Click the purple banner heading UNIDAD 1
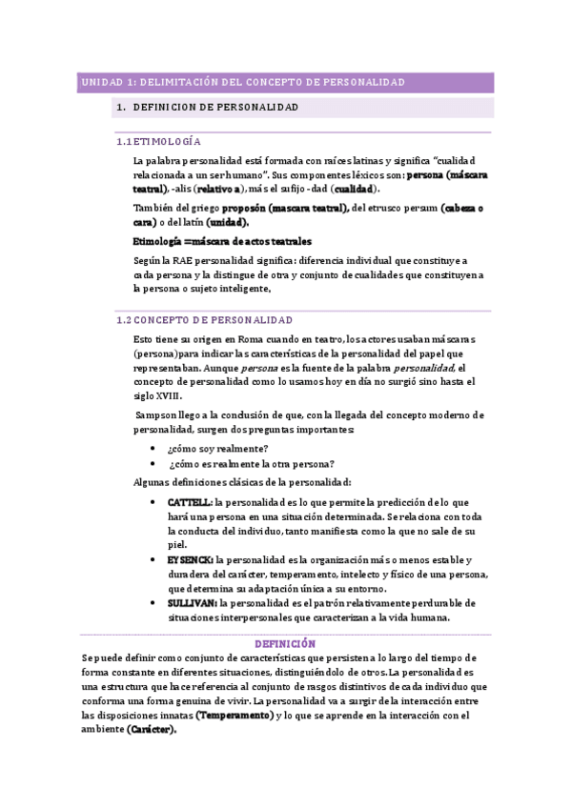(x=241, y=83)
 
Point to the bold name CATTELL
(x=189, y=501)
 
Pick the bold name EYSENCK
(x=190, y=559)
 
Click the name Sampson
(x=156, y=414)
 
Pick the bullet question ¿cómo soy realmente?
(x=217, y=448)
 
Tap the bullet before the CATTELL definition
(x=154, y=501)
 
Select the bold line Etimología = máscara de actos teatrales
(x=222, y=241)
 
